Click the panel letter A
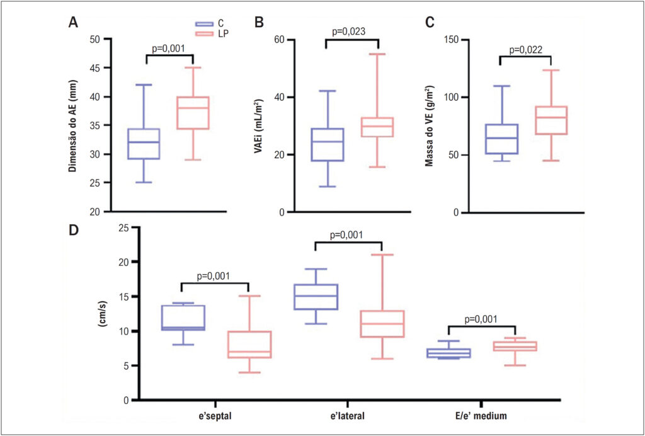[73, 23]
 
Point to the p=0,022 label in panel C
[526, 50]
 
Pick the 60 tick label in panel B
[280, 40]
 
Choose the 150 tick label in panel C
[453, 40]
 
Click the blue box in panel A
[144, 144]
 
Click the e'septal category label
[214, 416]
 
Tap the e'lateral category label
[348, 416]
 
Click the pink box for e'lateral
[382, 324]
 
